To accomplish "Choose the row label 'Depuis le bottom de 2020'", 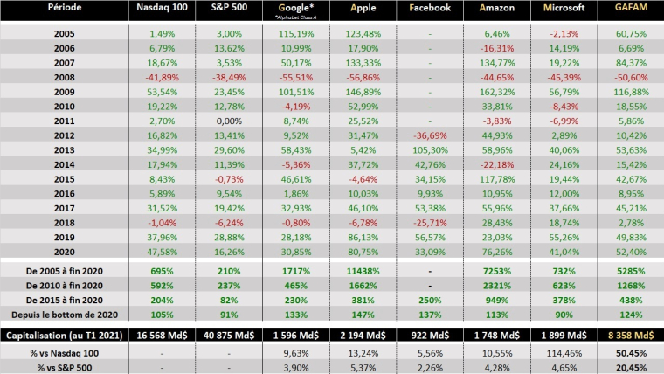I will [63, 315].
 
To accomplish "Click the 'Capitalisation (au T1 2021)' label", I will [63, 334].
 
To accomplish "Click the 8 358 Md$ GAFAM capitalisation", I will [629, 334].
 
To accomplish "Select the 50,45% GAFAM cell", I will [629, 353].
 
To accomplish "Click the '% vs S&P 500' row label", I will [63, 367].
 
